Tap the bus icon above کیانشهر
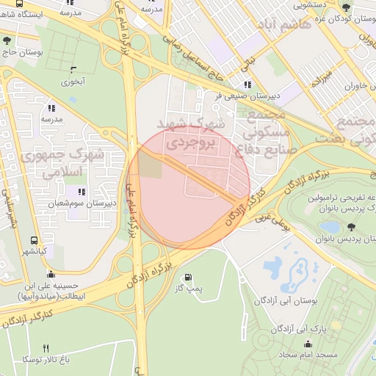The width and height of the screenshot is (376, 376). click(35, 240)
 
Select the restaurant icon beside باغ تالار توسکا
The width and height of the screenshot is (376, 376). click(46, 347)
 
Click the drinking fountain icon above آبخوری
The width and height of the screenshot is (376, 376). click(73, 70)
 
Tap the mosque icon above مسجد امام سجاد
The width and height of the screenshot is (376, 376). click(307, 344)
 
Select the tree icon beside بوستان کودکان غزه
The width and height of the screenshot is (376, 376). click(347, 7)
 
